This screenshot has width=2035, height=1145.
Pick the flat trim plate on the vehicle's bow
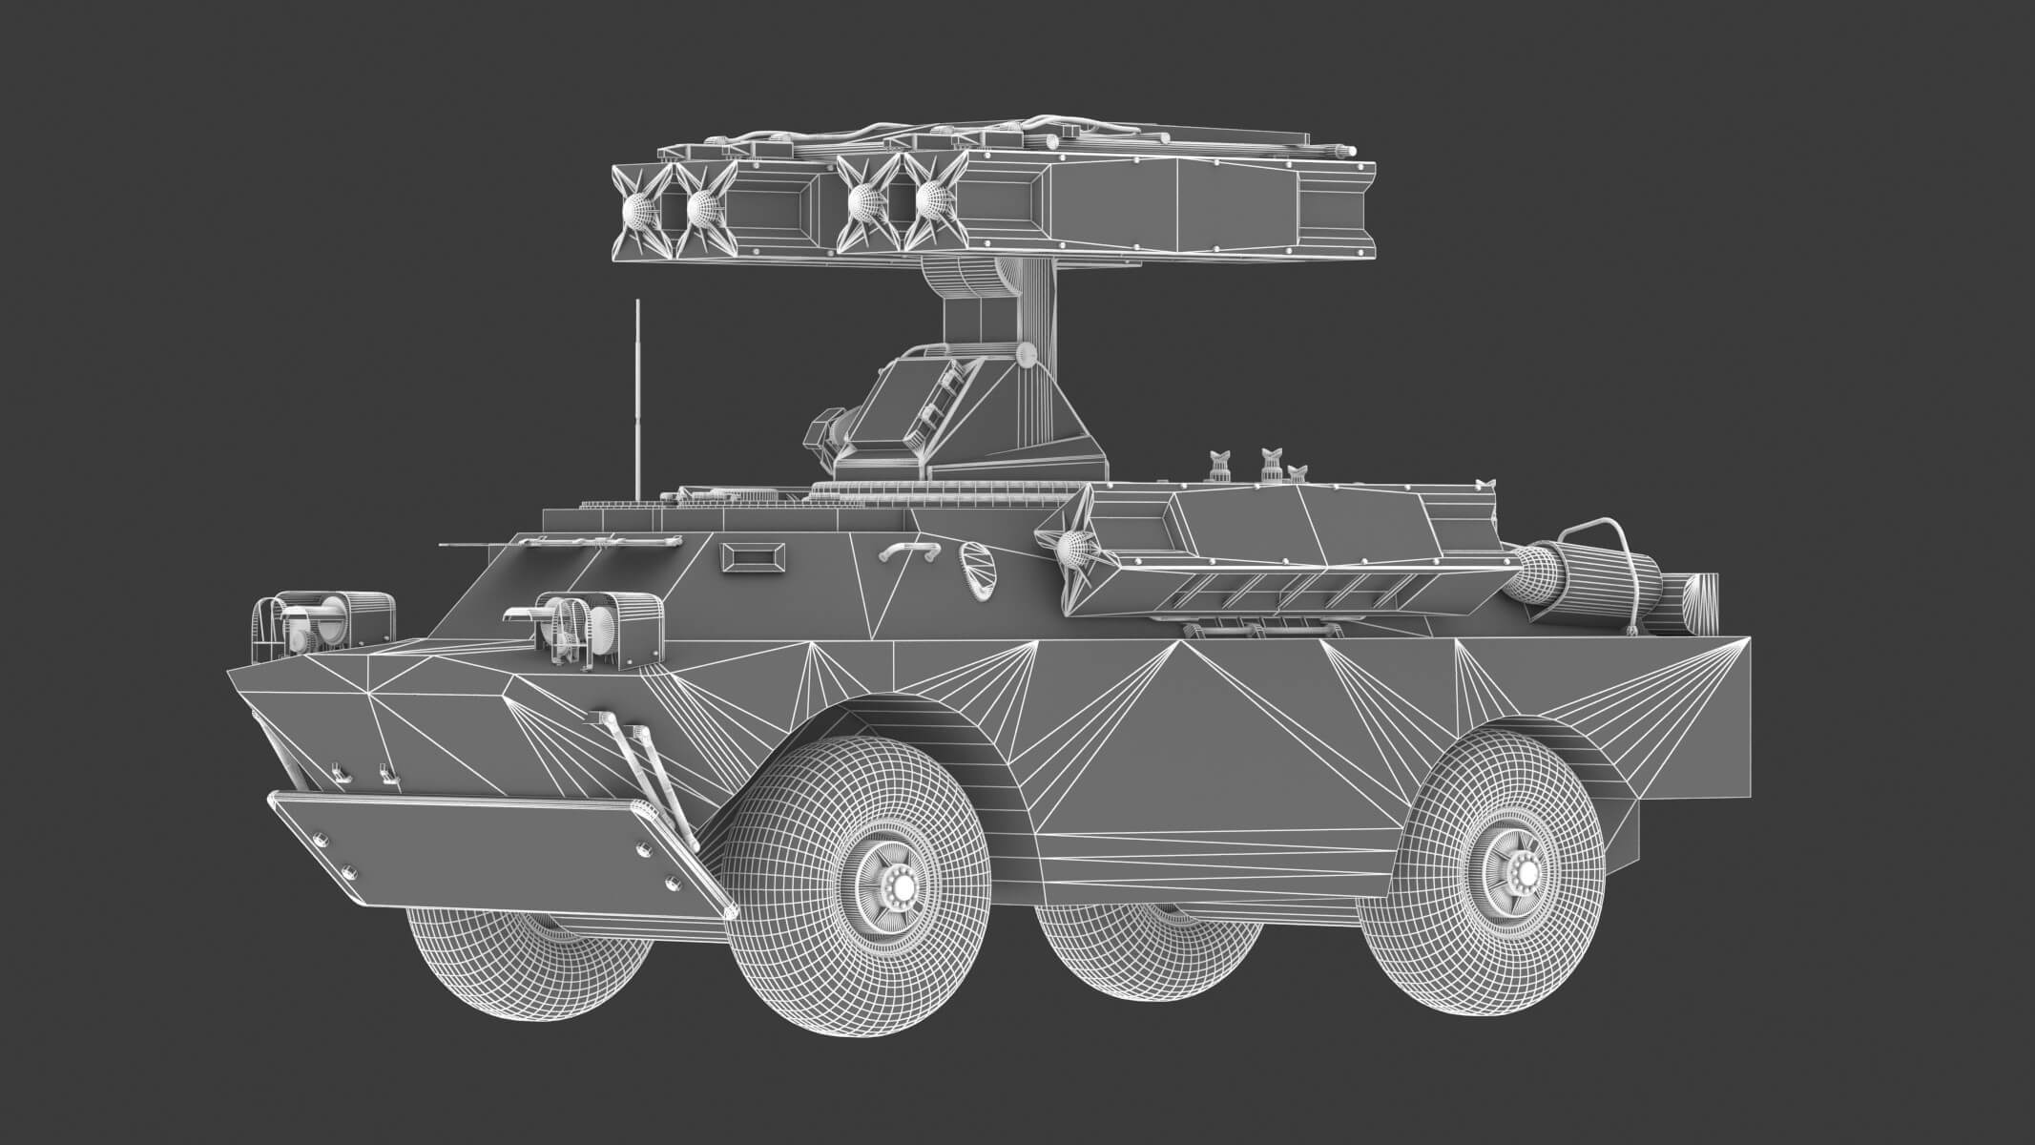pyautogui.click(x=496, y=849)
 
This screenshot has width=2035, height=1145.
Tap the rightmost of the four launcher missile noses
pyautogui.click(x=933, y=200)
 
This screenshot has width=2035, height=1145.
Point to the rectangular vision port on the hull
pyautogui.click(x=754, y=558)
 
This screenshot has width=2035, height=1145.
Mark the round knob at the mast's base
pyautogui.click(x=1028, y=355)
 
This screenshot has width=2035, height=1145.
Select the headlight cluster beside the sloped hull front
pyautogui.click(x=596, y=625)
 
